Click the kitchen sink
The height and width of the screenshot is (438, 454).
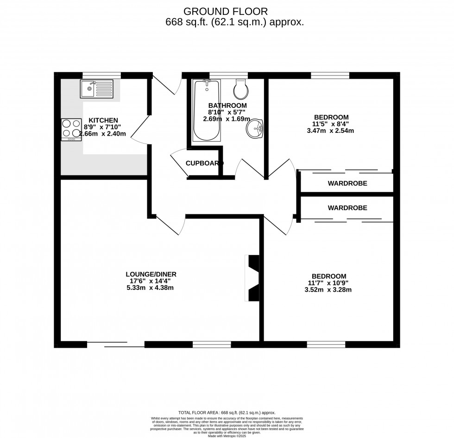(96, 88)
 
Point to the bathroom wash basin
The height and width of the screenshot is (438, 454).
(255, 128)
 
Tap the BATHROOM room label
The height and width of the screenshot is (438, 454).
(227, 106)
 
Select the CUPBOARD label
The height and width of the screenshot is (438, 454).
(204, 163)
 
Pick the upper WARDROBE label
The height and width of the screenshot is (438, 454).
(347, 183)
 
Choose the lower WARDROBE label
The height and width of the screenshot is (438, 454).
(347, 208)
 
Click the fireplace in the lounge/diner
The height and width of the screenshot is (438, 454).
(252, 278)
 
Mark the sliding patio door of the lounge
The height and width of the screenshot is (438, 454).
(116, 344)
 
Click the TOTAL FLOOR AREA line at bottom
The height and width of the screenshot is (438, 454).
(227, 413)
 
